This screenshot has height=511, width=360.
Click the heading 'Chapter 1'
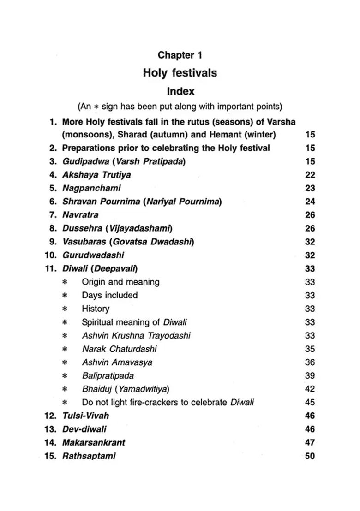pyautogui.click(x=180, y=55)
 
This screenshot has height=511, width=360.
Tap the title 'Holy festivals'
pyautogui.click(x=180, y=73)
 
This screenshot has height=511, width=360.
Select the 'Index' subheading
pyautogui.click(x=180, y=91)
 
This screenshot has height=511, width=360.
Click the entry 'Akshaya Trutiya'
pyautogui.click(x=96, y=175)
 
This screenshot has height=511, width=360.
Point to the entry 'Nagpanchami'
pyautogui.click(x=92, y=188)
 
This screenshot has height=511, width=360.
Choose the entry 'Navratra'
pyautogui.click(x=80, y=214)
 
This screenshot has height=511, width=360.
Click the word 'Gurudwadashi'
pyautogui.click(x=93, y=255)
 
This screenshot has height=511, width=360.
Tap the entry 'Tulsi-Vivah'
pyautogui.click(x=85, y=416)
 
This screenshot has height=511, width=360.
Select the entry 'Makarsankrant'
pyautogui.click(x=94, y=442)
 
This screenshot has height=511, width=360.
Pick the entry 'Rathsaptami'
pyautogui.click(x=89, y=456)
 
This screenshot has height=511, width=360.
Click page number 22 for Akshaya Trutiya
pyautogui.click(x=310, y=175)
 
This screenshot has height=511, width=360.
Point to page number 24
pyautogui.click(x=310, y=202)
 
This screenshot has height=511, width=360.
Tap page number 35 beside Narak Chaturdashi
pyautogui.click(x=310, y=349)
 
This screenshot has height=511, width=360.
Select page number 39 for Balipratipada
pyautogui.click(x=310, y=375)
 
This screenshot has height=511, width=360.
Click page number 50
pyautogui.click(x=310, y=456)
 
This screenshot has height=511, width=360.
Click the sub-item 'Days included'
pyautogui.click(x=110, y=295)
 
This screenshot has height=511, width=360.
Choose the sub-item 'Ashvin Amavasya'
pyautogui.click(x=117, y=362)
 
